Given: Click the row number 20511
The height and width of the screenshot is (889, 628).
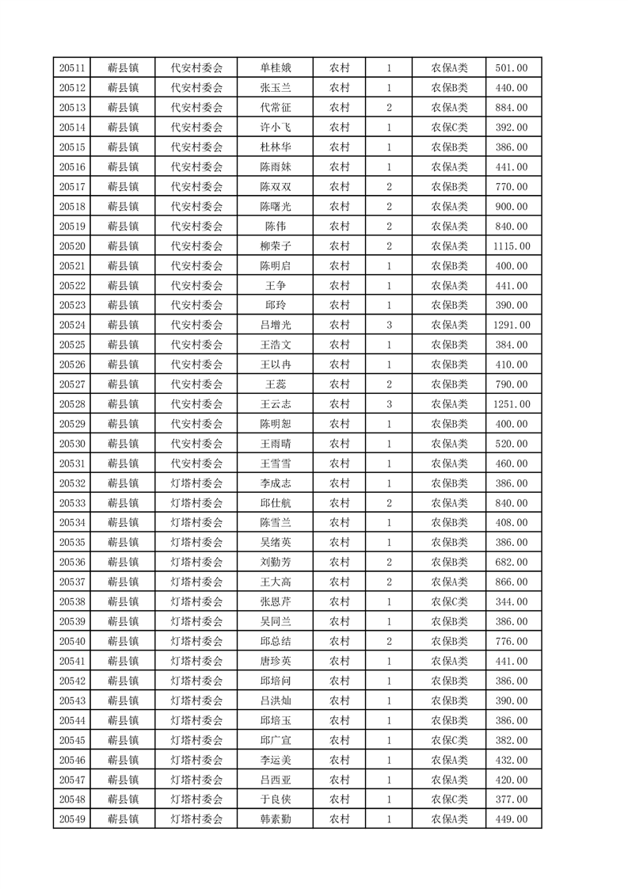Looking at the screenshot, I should [72, 68].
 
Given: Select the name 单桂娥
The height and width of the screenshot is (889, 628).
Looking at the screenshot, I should [276, 68].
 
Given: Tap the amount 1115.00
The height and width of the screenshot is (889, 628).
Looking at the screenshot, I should [511, 246].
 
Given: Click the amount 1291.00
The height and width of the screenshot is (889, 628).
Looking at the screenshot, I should [511, 325].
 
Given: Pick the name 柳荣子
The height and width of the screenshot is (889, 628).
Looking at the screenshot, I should [276, 246].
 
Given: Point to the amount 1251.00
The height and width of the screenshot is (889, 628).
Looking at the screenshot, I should [511, 404].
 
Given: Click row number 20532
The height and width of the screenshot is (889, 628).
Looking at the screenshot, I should [72, 483].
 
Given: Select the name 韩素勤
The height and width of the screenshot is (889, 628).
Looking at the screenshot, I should [276, 819].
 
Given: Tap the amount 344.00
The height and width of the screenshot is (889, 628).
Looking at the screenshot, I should [511, 601].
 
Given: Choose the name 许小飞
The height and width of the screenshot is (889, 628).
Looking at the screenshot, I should [276, 128].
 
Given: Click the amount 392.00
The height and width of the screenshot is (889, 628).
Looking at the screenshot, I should [511, 128].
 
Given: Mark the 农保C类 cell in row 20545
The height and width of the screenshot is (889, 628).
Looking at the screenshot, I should [449, 740].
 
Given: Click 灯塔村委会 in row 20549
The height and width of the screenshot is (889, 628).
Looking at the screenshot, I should [197, 819].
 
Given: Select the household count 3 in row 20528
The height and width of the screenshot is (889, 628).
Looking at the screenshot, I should [389, 404].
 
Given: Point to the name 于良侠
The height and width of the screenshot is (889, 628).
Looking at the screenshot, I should [276, 799].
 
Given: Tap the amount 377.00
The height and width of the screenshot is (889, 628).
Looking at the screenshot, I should [511, 799].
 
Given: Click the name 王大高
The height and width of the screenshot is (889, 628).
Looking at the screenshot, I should [276, 582].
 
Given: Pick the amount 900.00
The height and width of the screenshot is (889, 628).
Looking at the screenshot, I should [511, 207].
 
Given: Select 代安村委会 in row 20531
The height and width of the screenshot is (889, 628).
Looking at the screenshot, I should [197, 463].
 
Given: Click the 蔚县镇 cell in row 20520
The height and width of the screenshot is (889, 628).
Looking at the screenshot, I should [124, 246].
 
